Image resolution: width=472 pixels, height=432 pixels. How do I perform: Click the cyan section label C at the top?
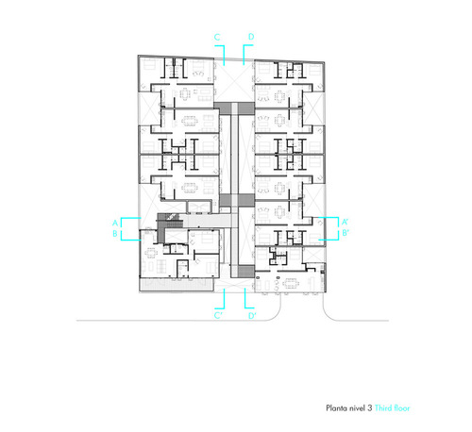pos(217,37)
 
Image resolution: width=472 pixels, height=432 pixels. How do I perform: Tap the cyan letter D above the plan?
pos(251,37)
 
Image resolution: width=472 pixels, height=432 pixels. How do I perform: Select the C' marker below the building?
pos(218,315)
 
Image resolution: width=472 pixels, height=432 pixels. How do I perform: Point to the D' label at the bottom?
pos(252,315)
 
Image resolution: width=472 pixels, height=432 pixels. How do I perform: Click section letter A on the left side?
pos(115,224)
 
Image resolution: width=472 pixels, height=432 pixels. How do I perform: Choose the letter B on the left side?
pos(115,234)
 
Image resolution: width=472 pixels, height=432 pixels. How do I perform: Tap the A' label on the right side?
pos(345,222)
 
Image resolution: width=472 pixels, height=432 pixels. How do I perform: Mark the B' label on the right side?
pos(346,233)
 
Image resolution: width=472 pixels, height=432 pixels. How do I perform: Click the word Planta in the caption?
pos(336,408)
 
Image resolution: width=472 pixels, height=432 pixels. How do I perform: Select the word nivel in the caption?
pos(357,408)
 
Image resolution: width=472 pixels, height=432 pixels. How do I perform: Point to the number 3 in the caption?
pos(370,408)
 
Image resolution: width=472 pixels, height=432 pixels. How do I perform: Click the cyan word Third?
pos(383,408)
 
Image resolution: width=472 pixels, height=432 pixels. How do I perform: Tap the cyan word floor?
pos(402,408)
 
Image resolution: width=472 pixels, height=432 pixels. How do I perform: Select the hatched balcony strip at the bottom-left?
pos(177,285)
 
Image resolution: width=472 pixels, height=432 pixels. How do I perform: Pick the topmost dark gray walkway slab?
pos(234,108)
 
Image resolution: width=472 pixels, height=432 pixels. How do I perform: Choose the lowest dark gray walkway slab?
pos(245,272)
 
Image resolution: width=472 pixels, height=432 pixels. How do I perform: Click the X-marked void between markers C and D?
pos(234,81)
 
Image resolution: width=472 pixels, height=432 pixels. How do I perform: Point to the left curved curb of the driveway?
pos(278,311)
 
